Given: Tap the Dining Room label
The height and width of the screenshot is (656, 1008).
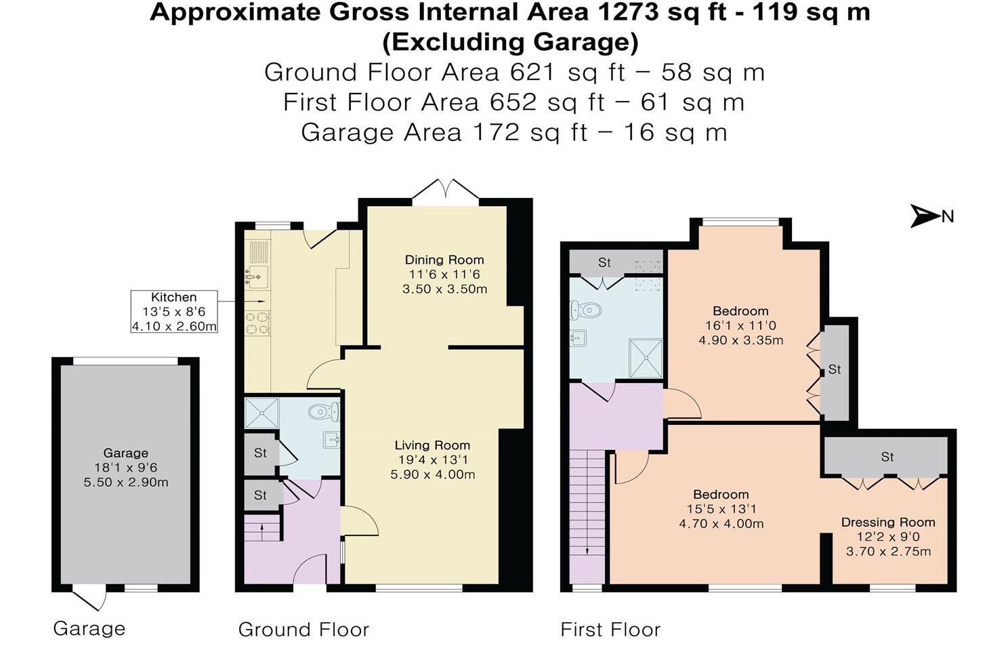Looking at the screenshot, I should pos(444,260).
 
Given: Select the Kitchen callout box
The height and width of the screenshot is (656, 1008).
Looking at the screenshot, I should pos(174,312).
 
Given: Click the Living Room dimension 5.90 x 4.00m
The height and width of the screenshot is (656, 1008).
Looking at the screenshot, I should pos(432,474).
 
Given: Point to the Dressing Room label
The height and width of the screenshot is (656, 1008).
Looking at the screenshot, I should pos(888,522).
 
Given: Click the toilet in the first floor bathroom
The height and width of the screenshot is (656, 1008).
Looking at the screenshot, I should pos(586,310).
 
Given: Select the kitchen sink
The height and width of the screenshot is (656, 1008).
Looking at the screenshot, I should pos(257,276).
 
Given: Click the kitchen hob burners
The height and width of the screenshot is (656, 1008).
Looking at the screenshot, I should pos(257,323).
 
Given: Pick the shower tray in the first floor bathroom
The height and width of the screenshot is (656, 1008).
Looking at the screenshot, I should pos(646,357).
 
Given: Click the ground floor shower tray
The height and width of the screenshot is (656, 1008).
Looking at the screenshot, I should pos(261,412).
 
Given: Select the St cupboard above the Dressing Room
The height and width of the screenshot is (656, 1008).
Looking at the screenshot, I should pos(887,457).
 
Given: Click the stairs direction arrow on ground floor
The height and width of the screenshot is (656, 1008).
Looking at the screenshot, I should pos(264,532).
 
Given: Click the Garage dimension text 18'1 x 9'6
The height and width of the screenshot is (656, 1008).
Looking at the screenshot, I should pos(126,468).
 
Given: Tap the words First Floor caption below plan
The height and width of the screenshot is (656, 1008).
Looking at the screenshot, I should pos(610,630).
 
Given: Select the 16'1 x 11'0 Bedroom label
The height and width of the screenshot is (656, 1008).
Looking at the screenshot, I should pos(740,325).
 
